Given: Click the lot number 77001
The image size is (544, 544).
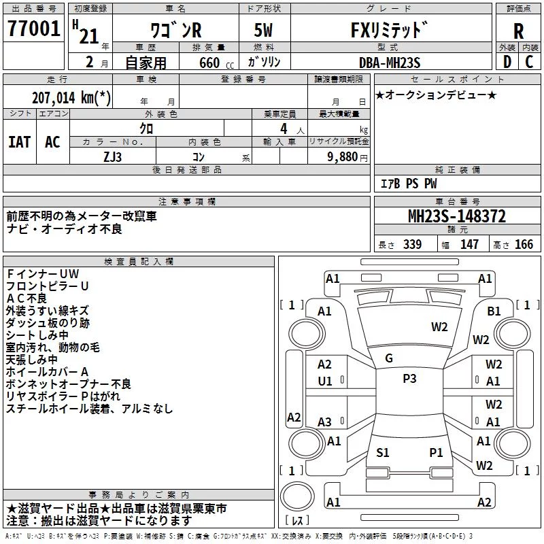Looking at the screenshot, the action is coord(33,29).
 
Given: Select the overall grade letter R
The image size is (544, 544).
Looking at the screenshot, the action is coord(518,31).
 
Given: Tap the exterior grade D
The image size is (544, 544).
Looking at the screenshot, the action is coord(507,62).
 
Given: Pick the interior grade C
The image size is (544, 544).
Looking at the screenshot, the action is coord(529,62).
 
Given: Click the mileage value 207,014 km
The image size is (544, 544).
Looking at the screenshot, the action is coord(71,98).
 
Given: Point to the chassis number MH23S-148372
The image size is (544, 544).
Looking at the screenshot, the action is coord(457,216).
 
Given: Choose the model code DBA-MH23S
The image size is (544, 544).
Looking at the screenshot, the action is coord(390,63).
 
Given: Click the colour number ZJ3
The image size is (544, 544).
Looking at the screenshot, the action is coord(112,157).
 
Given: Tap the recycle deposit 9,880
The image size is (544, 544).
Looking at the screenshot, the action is coord(343,157).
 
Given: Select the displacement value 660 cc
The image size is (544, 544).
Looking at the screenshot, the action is coord(216,63).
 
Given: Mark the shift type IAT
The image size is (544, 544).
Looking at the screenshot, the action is coord(19,142).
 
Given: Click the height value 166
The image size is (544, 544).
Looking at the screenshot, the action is coord(524,244).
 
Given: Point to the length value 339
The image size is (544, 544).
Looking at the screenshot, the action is coord(412,244).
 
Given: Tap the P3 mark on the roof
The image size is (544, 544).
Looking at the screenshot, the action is coord(409,378).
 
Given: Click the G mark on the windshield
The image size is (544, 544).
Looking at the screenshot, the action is coord(389,358).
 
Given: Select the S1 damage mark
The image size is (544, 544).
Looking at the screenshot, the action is coord(383,452).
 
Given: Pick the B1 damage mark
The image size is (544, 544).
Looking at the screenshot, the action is coord(494,311).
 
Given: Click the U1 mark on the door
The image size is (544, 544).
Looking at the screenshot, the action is coord(325,381).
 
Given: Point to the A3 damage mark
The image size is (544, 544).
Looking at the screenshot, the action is coord(325,422).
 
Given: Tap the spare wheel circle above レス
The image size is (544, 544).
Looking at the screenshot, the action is coord(297,496).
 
